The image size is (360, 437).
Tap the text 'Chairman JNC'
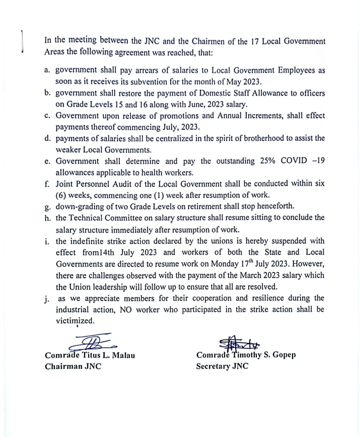(73, 366)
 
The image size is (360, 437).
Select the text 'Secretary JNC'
(222, 366)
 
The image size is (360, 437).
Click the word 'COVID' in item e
(279, 161)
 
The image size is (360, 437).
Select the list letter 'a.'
(48, 71)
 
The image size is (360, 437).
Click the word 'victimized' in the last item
(75, 321)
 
